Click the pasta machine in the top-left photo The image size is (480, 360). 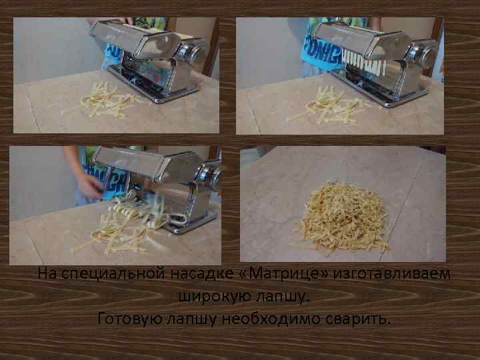[x=153, y=60]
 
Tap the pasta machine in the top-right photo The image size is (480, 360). [x=373, y=60]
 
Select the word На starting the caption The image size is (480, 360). [x=46, y=274]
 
